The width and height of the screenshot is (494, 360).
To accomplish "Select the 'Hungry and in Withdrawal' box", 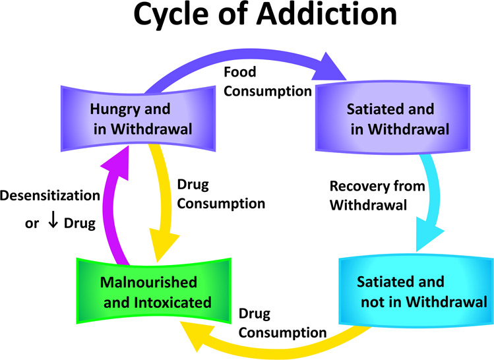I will [x=139, y=118].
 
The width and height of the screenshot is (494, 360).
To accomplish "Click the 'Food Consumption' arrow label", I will [x=267, y=81].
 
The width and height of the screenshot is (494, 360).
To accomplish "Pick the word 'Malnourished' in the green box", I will [x=148, y=283].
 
